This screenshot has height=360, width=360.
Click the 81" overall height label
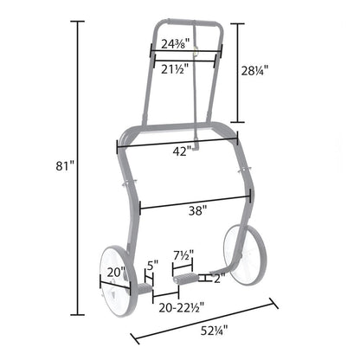(65, 166)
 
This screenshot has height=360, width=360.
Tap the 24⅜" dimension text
(175, 44)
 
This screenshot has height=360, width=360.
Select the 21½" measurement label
(175, 69)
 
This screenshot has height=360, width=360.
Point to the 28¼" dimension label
(254, 70)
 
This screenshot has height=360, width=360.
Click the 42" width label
(183, 151)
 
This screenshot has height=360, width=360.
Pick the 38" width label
(198, 211)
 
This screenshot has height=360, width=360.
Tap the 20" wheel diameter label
(116, 272)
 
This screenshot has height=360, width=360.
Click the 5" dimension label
(153, 265)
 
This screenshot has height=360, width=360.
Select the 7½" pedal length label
(183, 255)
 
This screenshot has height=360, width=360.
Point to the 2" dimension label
(219, 279)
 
